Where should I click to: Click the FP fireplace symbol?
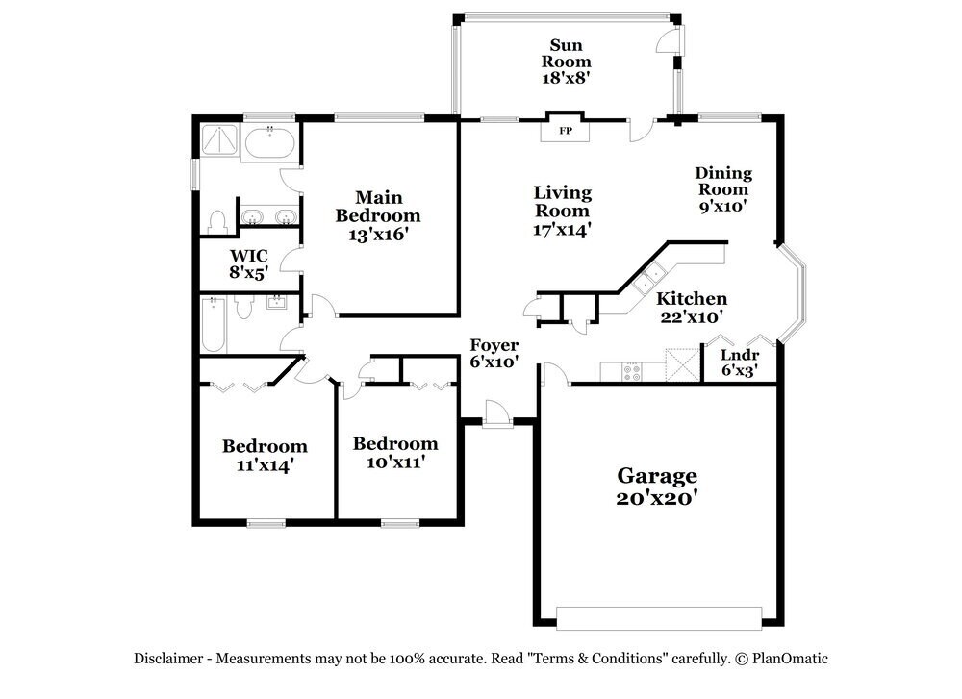pyautogui.click(x=566, y=131)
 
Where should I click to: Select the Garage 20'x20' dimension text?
pyautogui.click(x=657, y=498)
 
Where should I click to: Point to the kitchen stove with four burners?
pyautogui.click(x=632, y=371)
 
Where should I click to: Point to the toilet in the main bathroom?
pyautogui.click(x=216, y=221)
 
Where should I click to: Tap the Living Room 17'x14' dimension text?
pyautogui.click(x=563, y=230)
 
